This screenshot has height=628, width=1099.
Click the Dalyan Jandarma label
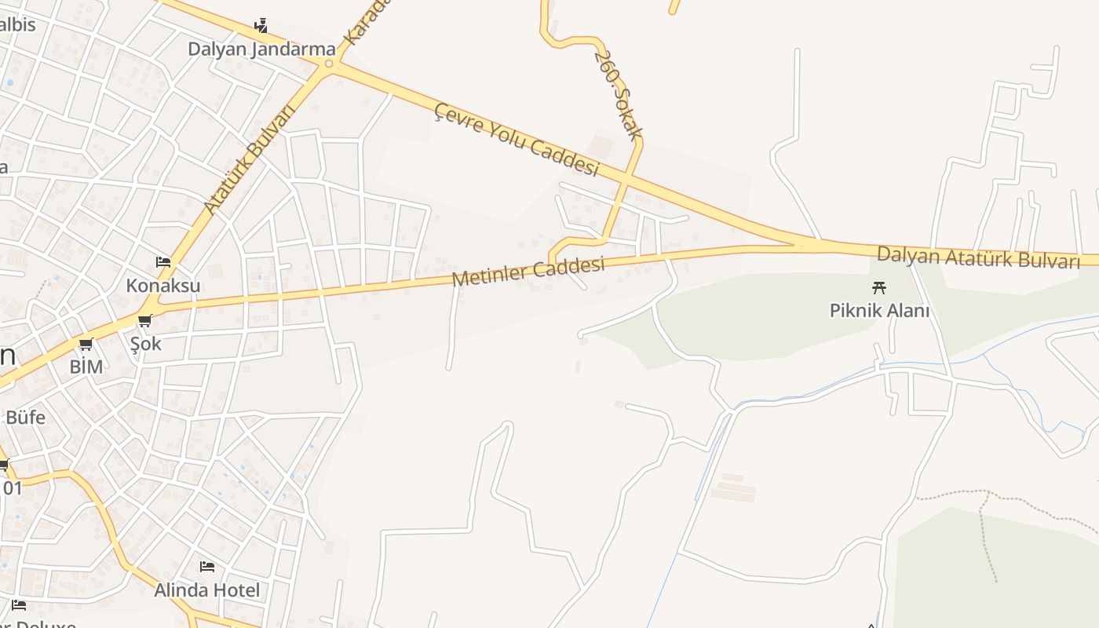[261, 49]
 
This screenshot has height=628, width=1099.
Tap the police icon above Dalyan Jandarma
[261, 26]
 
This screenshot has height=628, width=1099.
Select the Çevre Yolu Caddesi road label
[517, 139]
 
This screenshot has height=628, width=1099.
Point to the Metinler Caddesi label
[528, 272]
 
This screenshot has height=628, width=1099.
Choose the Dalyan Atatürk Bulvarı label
[978, 257]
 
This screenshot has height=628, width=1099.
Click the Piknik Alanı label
[879, 311]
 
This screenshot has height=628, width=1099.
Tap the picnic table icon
[879, 287]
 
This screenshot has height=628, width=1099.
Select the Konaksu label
[163, 286]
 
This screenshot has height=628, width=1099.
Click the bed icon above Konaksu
[163, 261]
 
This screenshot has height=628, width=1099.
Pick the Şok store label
[145, 344]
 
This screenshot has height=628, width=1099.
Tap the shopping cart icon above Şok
[144, 320]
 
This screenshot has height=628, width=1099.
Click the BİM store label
[86, 367]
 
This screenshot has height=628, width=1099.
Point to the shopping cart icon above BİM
[86, 344]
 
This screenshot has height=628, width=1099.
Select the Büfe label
[25, 417]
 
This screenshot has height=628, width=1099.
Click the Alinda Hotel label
[206, 590]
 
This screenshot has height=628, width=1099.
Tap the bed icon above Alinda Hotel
[207, 566]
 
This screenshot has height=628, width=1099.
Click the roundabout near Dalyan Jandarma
[329, 64]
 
